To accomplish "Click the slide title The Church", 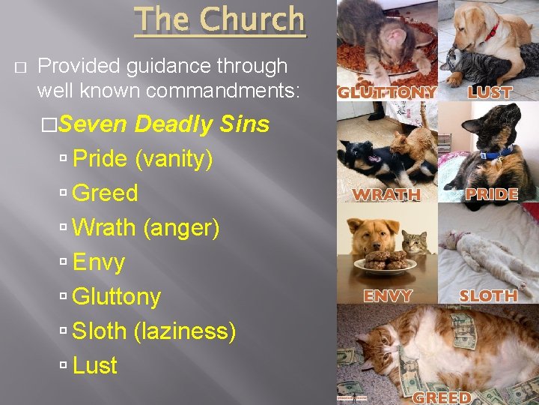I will pos(220,20).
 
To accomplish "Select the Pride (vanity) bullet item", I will pos(142,158).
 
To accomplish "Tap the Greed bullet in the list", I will pos(105,193).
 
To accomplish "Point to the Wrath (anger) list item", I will pos(145,227).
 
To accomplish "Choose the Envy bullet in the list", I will pos(99,262).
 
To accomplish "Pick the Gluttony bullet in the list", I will pos(116,296).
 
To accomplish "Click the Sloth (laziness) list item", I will pos(153,331).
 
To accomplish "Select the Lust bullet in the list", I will pos(95,365).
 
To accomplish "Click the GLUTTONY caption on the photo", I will pos(386,93).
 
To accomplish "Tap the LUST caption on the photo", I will pos(490,93).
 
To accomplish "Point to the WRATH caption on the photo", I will pos(386,194).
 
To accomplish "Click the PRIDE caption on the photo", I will pos(492,194).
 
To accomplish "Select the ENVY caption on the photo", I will pos(388,295).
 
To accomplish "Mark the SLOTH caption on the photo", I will pos(489,295).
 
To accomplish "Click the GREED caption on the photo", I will pos(442,397).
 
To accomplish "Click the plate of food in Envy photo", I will pos(385,262).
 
